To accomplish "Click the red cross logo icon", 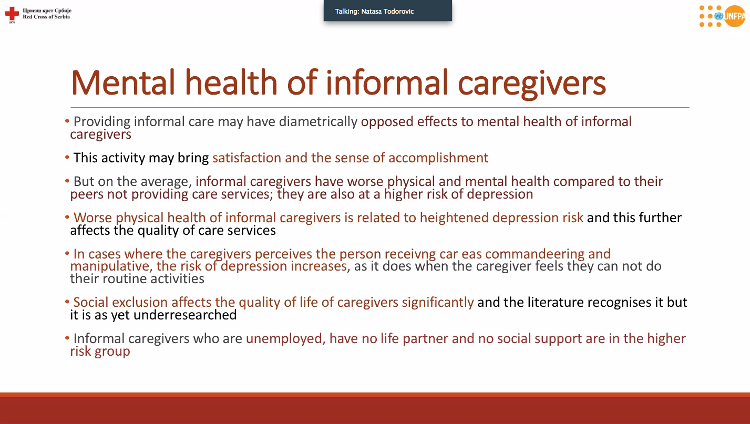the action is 12,14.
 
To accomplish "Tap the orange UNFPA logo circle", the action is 735,16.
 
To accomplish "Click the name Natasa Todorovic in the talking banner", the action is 387,12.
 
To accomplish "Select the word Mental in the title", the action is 123,82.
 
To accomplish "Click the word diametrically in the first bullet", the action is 318,121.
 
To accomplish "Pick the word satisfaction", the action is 247,158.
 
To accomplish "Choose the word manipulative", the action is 111,266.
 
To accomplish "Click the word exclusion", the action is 140,302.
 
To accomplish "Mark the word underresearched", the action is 185,315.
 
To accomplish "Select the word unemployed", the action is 285,339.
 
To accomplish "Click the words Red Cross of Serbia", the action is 46,17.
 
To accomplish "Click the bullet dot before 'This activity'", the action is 67,157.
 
